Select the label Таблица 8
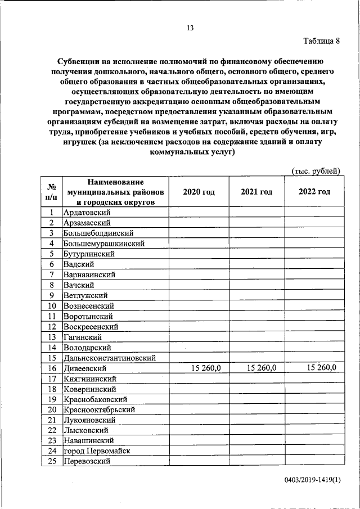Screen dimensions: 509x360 [322, 41]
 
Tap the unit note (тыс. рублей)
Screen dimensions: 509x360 [316, 170]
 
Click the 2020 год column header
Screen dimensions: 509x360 [199, 192]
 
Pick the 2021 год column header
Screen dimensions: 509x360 [256, 192]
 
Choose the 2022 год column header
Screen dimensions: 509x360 [314, 192]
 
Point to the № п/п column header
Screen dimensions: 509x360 [51, 192]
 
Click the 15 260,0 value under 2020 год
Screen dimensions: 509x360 [206, 368]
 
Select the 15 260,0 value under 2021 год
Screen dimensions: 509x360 [262, 368]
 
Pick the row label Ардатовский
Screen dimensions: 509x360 [87, 213]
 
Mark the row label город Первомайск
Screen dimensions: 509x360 [97, 451]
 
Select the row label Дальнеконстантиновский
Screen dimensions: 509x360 [110, 358]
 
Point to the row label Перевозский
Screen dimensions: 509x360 [87, 462]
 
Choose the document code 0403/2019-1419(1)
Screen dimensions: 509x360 [313, 480]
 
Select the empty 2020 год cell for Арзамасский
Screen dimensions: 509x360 [199, 223]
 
